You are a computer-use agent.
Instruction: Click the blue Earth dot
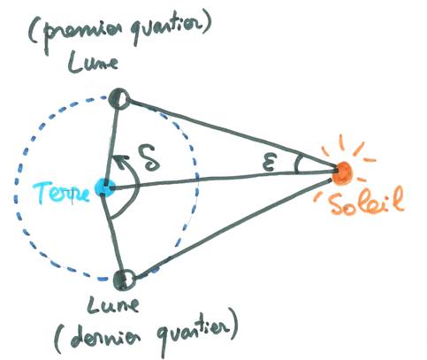[104, 188]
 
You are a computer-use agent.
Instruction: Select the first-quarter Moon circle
[119, 98]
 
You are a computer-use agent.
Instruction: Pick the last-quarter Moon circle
[125, 279]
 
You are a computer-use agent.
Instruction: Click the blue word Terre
[61, 193]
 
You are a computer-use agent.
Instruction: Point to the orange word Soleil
[365, 202]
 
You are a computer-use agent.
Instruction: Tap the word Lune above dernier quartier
[112, 305]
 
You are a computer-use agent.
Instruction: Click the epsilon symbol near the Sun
[270, 164]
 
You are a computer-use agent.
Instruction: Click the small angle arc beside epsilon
[296, 164]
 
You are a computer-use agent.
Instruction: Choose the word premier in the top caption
[80, 34]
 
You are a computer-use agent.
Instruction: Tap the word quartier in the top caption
[165, 29]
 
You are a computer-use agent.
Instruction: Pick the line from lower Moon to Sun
[233, 228]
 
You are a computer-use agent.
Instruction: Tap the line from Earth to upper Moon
[112, 144]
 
